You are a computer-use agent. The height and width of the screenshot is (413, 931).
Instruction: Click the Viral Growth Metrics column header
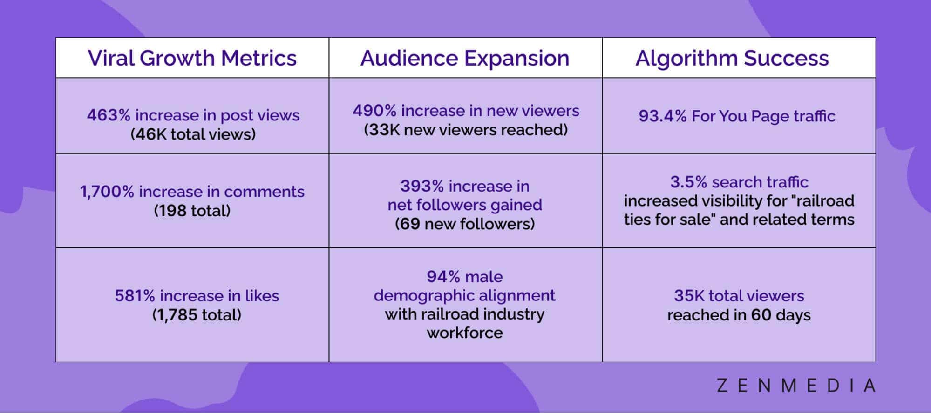192,58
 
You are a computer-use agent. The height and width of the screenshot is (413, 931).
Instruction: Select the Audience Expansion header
465,58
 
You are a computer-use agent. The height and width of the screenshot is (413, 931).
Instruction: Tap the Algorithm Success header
732,58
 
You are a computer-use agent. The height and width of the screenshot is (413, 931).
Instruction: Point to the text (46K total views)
193,134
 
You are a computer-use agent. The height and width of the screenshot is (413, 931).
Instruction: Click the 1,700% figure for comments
107,192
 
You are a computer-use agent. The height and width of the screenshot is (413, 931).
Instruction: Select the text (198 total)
192,211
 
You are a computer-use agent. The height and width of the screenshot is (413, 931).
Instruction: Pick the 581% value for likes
135,296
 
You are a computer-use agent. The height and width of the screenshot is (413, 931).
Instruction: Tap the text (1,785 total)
197,315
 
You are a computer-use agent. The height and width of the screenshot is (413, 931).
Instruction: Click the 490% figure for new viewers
374,111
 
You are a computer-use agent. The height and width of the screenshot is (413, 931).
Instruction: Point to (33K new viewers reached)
466,130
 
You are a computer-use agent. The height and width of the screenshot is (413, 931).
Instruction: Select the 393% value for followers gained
422,186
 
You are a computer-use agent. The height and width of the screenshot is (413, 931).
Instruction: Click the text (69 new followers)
465,224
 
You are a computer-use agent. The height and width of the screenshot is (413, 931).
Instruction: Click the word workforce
465,333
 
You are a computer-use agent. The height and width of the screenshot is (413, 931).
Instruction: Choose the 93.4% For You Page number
662,116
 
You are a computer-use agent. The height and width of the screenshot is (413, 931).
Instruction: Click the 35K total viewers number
689,296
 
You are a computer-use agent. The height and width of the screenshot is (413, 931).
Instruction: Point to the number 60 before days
761,315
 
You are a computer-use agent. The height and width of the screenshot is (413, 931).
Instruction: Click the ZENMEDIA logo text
795,386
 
